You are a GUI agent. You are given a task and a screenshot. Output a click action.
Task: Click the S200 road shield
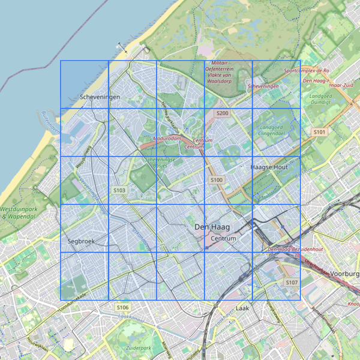click(222, 113)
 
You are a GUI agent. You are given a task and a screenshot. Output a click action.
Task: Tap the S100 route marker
click(217, 179)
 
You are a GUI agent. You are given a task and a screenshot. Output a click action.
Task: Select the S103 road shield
click(119, 190)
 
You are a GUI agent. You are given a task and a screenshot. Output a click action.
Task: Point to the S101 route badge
click(319, 131)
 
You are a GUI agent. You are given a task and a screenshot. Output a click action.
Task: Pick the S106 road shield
click(121, 307)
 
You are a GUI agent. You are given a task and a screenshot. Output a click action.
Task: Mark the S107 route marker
click(292, 282)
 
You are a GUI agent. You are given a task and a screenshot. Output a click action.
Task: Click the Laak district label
click(242, 308)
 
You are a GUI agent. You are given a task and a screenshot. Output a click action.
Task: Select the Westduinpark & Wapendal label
click(19, 211)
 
